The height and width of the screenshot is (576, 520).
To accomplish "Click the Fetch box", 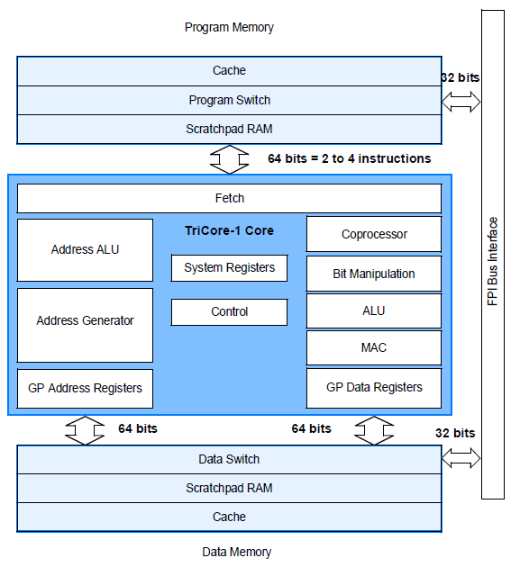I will coord(229,198).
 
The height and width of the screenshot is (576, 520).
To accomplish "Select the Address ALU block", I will coord(85,249).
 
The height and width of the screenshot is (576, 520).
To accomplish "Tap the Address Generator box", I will coord(85,320).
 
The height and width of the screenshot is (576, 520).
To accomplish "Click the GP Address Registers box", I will coord(85,388).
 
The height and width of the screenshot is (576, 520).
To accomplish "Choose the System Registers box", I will coord(229,267).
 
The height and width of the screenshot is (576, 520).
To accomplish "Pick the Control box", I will coord(229,311).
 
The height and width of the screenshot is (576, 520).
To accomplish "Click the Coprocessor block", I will coord(374,234).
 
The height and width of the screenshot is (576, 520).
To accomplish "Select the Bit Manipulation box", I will coord(374,274).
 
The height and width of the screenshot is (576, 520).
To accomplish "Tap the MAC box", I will coord(374,347).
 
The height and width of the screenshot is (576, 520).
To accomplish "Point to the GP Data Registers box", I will coord(374,387).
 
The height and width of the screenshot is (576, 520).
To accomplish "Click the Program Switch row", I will coord(229,100).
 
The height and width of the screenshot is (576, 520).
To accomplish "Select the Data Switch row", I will coord(229,459).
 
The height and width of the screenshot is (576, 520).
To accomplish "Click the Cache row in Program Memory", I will coord(229,71).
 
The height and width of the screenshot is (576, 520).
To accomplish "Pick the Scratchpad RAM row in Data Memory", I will coord(229,488).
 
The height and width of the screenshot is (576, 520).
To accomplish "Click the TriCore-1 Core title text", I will coord(229,230).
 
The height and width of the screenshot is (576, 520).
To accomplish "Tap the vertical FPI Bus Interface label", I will coord(493,261).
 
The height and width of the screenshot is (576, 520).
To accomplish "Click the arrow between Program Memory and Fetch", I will coord(229,159).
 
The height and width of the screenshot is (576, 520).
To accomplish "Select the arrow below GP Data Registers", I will coord(373,429).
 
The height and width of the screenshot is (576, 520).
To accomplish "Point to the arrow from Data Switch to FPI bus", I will coord(461,458).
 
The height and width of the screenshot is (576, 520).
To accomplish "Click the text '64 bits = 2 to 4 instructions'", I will coord(349,158).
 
